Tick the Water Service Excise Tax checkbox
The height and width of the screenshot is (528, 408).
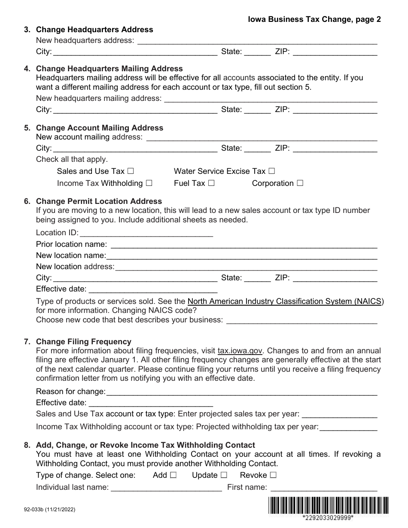click(x=271, y=171)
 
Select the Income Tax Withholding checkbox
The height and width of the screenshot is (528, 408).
click(x=149, y=183)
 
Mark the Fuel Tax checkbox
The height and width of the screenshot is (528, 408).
click(x=211, y=183)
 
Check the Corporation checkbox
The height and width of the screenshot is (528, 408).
click(x=300, y=183)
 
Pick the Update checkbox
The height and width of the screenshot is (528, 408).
click(x=224, y=475)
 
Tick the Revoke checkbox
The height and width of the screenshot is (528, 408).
click(x=273, y=475)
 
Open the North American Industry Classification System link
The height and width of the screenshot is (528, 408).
click(x=285, y=301)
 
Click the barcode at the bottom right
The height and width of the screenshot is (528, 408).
click(x=329, y=505)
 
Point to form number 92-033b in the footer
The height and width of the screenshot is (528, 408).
click(x=50, y=510)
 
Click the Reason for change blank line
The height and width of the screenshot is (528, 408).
click(x=241, y=391)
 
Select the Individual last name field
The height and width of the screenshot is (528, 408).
click(x=166, y=487)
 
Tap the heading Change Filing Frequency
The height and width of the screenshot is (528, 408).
click(x=84, y=342)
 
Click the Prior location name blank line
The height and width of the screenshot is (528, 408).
click(x=244, y=244)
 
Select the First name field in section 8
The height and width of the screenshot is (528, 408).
click(x=323, y=487)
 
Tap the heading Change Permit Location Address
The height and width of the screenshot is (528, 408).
click(x=99, y=201)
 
